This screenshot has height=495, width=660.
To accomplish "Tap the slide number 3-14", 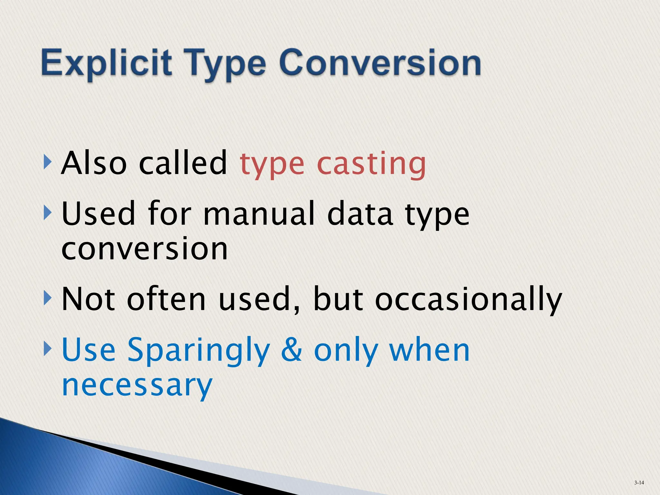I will (x=639, y=482).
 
